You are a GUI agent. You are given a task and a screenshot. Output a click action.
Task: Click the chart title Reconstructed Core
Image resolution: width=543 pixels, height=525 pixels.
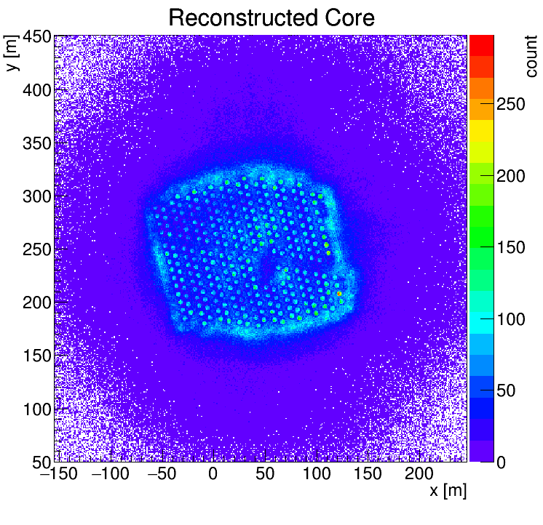point(271,17)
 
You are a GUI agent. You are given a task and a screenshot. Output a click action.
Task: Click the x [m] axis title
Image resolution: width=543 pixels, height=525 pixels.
point(447,491)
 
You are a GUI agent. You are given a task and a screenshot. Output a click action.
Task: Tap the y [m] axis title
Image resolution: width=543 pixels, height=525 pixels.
point(12,54)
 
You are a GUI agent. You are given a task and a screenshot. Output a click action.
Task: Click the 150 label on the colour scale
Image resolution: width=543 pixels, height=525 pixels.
point(510,248)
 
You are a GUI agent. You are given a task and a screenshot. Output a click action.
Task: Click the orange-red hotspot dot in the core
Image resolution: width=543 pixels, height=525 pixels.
point(339,293)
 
